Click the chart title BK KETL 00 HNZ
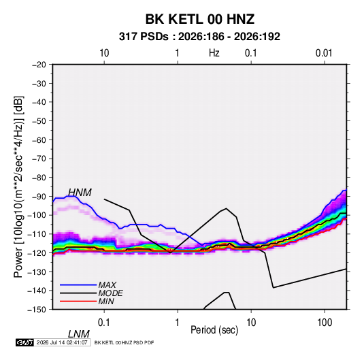coord(200,19)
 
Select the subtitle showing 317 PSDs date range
coord(199,37)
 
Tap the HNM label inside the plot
coord(80,193)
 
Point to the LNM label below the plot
coord(79,334)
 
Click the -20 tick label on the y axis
coord(39,65)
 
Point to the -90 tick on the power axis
coord(39,196)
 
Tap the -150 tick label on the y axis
coord(37,310)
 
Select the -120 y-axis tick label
coord(37,252)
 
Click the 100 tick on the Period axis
coord(325,323)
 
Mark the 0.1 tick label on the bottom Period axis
coord(104,323)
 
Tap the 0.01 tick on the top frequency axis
coord(324,53)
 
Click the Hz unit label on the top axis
coord(214,53)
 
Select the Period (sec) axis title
coord(214,330)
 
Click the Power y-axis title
coord(18,187)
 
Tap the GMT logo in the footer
coord(24,342)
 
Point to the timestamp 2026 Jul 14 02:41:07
coord(62,342)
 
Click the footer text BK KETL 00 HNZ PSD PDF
coord(125,342)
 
